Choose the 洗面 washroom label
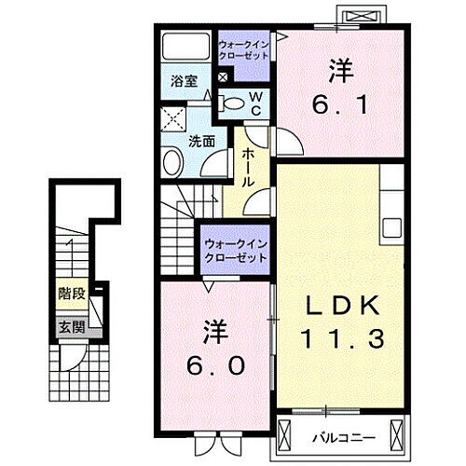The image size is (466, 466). click(202, 142)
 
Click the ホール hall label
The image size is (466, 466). click(249, 169)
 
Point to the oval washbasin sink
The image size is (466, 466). click(173, 164)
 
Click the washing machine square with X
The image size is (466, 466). click(171, 120)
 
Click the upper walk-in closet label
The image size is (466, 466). click(244, 49)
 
